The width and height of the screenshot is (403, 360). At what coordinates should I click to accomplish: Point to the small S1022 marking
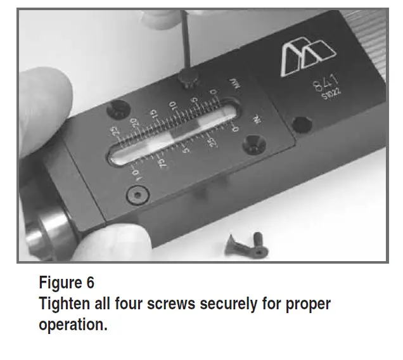click(x=331, y=97)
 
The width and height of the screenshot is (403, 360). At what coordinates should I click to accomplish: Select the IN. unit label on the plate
click(x=258, y=120)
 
